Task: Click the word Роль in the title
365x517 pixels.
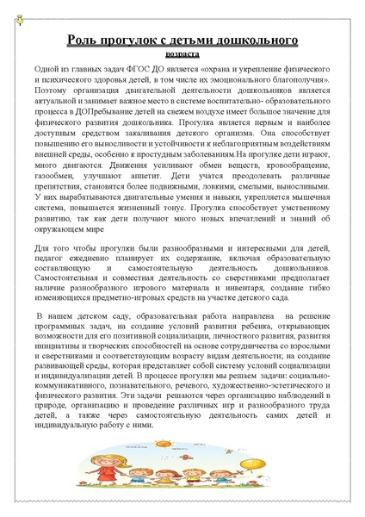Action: point(83,40)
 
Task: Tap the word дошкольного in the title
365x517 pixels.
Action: point(262,40)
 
